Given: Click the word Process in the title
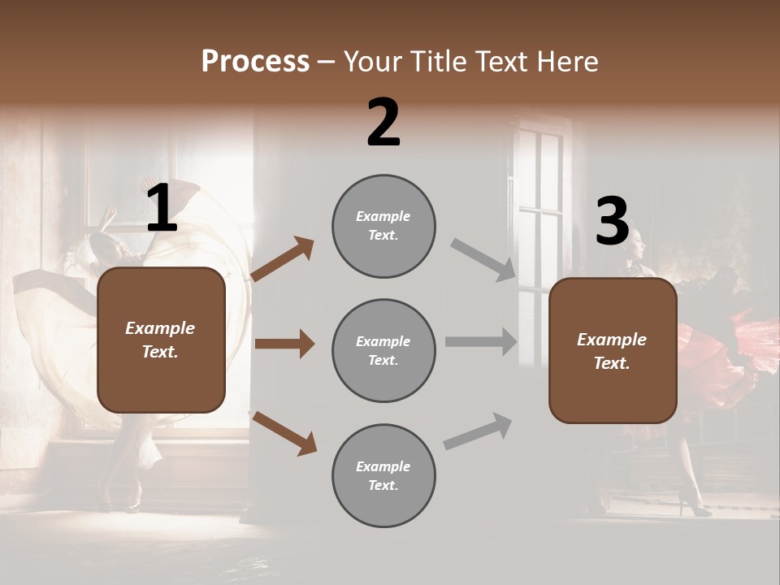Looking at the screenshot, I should [x=255, y=61].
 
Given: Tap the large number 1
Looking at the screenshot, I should [x=162, y=209].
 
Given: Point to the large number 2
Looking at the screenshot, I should [x=383, y=123].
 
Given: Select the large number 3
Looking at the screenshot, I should [x=612, y=221].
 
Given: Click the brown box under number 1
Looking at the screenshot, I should [x=161, y=340].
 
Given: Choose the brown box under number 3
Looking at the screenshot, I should [x=613, y=350].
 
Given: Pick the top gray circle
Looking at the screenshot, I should [x=383, y=226].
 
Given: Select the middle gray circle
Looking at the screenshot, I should [x=383, y=350].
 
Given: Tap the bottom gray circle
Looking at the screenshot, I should [x=383, y=475].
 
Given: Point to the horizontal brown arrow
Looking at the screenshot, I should [x=284, y=344].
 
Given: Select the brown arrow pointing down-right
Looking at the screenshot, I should [x=284, y=433].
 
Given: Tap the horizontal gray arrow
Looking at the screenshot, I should [x=481, y=342].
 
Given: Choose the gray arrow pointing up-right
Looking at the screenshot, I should [x=478, y=431].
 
